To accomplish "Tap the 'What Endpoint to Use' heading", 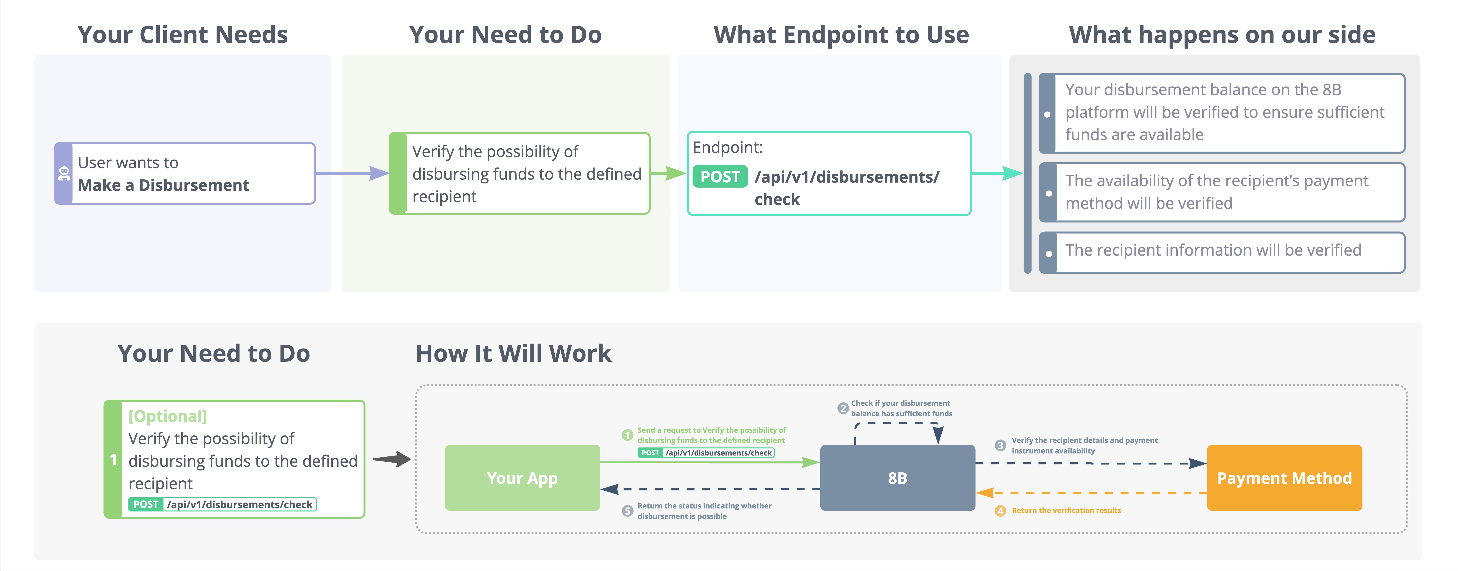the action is (x=841, y=34).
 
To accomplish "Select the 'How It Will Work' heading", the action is (x=513, y=354).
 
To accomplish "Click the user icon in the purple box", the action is (x=63, y=173).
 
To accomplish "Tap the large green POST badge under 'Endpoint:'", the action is (x=720, y=177).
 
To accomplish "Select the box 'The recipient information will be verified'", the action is (x=1222, y=252).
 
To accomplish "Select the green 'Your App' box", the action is (x=522, y=477).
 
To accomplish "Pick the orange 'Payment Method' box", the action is (x=1284, y=477).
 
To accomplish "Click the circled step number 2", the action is (x=843, y=408).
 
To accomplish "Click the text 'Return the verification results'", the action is (x=1066, y=510).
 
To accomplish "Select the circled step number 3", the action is (x=1000, y=445).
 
